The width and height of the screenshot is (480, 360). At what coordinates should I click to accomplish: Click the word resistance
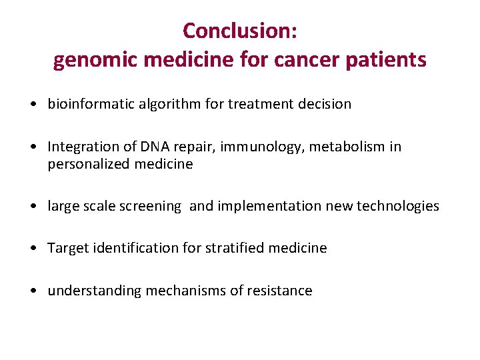pyautogui.click(x=281, y=291)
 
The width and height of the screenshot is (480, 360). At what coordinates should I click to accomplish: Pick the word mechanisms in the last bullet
pyautogui.click(x=177, y=291)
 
